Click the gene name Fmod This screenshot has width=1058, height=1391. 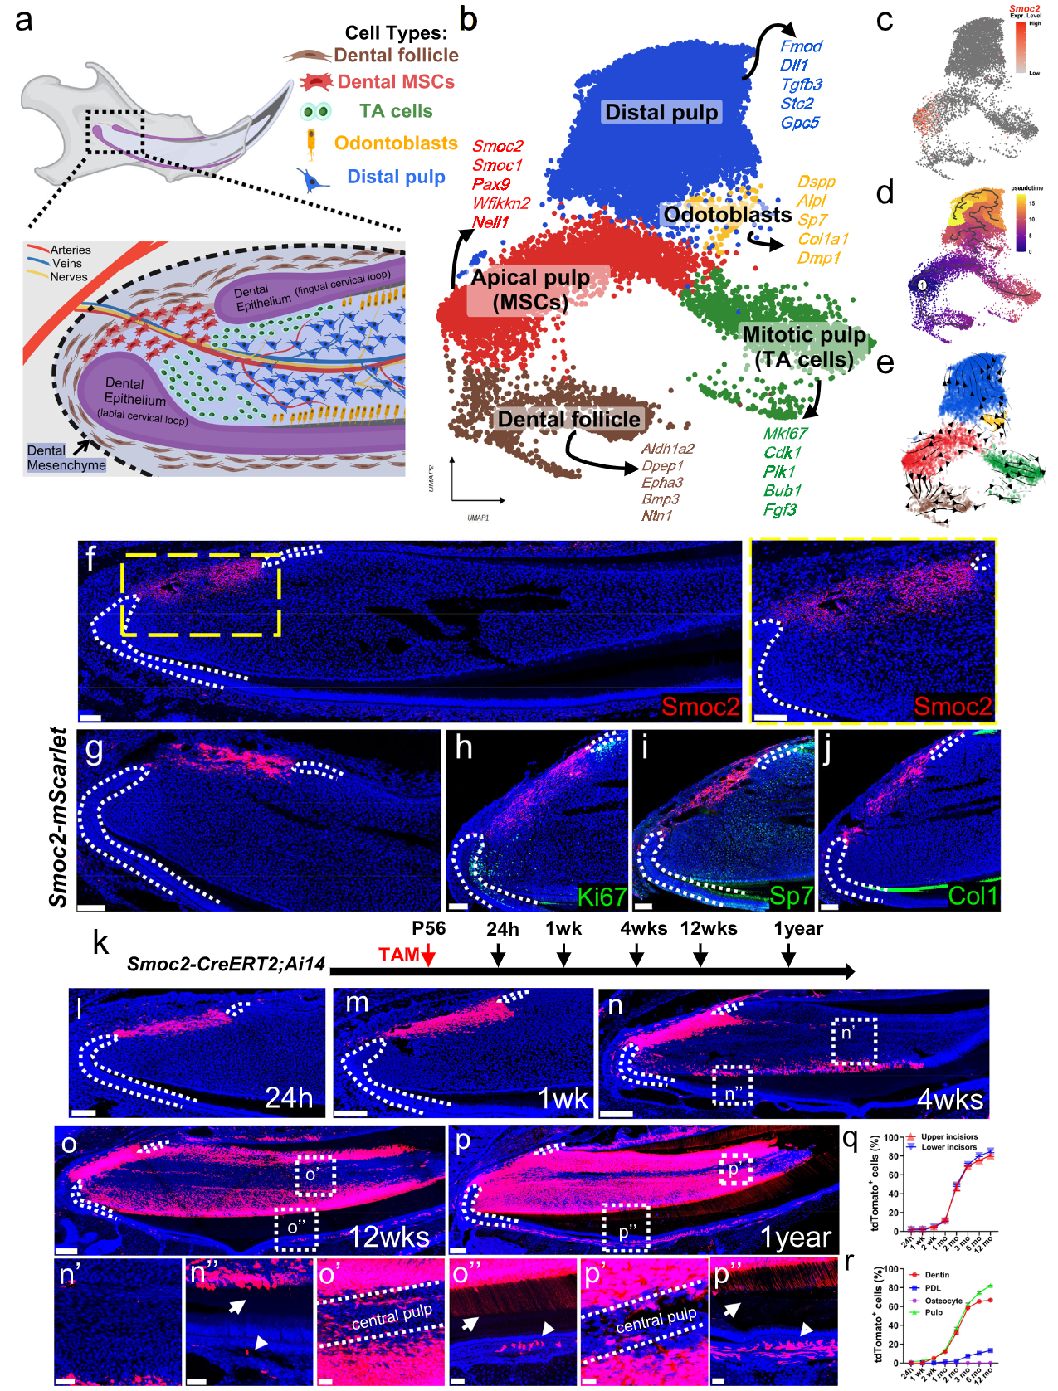801,46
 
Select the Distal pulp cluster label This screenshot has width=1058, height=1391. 661,112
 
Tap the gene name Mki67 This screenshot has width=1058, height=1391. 785,433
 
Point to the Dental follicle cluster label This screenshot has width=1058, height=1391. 568,419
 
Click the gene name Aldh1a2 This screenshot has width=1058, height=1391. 667,449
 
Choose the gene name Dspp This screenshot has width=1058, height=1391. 816,182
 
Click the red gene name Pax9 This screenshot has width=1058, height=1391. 491,184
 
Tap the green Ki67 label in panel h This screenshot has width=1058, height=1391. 601,897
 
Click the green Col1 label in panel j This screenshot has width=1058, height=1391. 973,897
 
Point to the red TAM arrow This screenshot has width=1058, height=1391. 428,956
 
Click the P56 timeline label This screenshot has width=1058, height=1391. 428,928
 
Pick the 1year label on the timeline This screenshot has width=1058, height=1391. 798,928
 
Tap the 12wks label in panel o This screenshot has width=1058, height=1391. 388,1237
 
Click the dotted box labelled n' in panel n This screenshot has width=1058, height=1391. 854,1040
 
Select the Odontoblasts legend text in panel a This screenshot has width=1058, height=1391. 396,143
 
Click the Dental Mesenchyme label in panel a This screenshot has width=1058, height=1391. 66,458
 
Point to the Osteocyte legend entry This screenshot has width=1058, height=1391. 943,1301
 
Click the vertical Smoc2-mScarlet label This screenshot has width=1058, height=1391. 57,818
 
